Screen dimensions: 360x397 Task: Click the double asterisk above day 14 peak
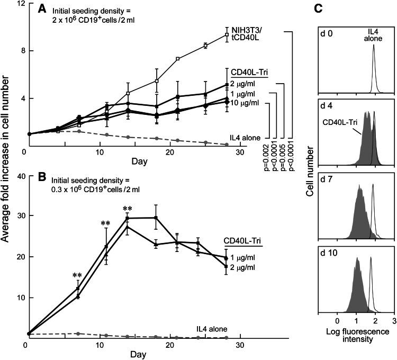127,208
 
